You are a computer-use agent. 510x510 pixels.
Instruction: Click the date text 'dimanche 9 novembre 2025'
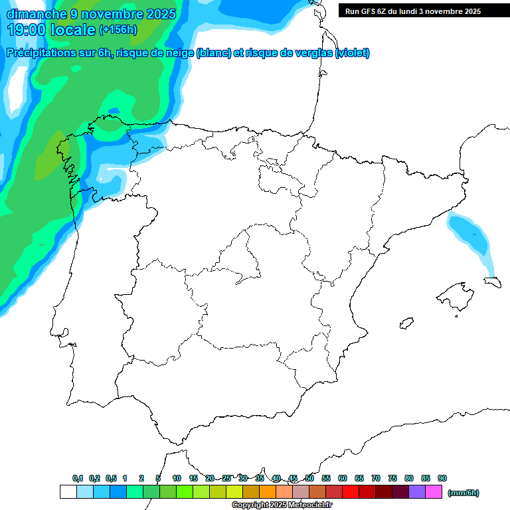tap(91, 14)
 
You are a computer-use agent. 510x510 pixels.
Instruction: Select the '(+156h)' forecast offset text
tap(118, 30)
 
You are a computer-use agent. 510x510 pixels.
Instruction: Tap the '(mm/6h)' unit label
tap(463, 493)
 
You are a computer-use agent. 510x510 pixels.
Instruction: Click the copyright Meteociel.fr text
tap(282, 505)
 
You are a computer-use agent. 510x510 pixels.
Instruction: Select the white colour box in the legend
tap(68, 492)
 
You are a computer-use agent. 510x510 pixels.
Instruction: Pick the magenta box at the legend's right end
tap(434, 492)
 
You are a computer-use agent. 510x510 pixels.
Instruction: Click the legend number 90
tap(442, 478)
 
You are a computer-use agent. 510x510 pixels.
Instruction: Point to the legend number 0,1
tap(78, 478)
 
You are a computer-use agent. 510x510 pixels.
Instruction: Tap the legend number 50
tap(309, 478)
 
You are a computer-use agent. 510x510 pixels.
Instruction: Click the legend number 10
tap(177, 478)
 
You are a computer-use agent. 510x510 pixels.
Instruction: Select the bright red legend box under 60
tap(351, 492)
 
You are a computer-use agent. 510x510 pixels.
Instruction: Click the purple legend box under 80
tap(417, 492)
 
